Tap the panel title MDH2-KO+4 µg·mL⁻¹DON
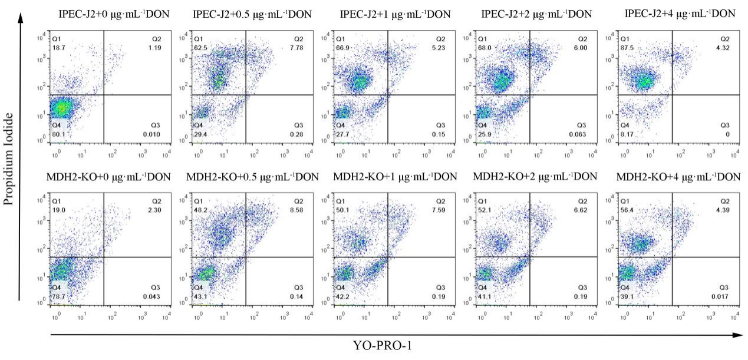(677, 177)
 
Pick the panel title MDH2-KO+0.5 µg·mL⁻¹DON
(252, 177)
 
